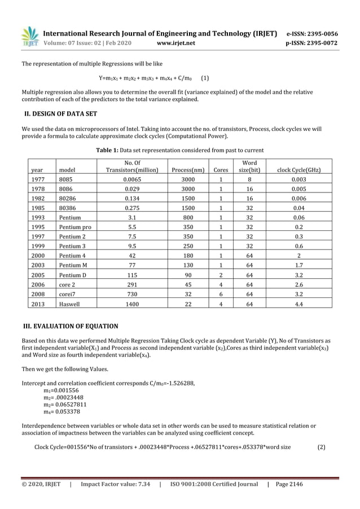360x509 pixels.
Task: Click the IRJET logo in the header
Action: [x=29, y=37]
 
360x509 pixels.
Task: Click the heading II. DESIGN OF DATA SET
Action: [x=59, y=113]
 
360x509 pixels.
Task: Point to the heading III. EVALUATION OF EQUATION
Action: [x=70, y=326]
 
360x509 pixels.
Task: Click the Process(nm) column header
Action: [x=188, y=169]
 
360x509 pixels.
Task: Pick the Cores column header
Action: [x=220, y=169]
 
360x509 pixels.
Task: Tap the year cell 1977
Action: [x=37, y=179]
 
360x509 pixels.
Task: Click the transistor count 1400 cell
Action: [x=131, y=303]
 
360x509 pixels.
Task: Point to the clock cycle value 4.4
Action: [x=297, y=303]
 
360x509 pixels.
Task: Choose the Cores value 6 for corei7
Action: [x=220, y=293]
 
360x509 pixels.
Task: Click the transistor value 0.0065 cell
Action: [x=131, y=179]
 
